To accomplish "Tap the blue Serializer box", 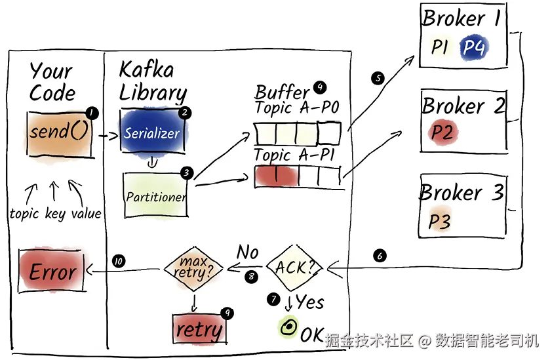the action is click(x=152, y=132).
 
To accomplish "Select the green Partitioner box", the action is click(x=156, y=195).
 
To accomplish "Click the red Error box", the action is click(x=52, y=271).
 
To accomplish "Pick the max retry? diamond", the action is click(x=193, y=268).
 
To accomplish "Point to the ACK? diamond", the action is click(x=294, y=268).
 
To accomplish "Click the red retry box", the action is click(x=199, y=329).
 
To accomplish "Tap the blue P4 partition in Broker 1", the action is click(x=474, y=47).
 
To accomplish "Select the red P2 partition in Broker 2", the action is click(x=442, y=132).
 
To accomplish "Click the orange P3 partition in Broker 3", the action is click(x=439, y=221).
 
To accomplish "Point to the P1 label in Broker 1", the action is click(x=439, y=47).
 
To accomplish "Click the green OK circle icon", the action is click(x=288, y=327).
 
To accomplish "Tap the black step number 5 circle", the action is click(x=378, y=78).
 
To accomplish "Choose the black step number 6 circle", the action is click(x=380, y=256).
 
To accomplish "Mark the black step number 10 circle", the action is click(x=119, y=261).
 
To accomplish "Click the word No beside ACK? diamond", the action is click(x=248, y=252).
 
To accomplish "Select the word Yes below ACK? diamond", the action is click(x=310, y=302).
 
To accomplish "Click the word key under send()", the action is click(x=54, y=214).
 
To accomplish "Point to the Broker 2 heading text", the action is click(x=463, y=105).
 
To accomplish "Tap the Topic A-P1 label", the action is click(x=294, y=155).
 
